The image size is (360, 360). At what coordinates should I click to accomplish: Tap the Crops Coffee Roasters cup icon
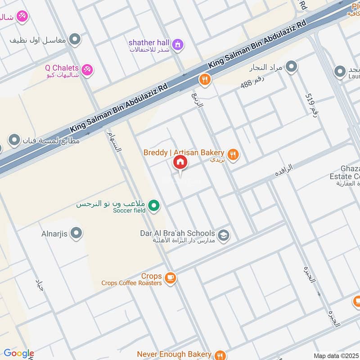click(170, 279)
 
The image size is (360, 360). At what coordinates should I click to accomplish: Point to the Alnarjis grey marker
click(77, 233)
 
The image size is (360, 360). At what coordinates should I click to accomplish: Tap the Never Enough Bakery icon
click(220, 355)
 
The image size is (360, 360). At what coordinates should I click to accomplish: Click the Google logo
click(18, 354)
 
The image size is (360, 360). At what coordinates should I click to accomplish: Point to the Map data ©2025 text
click(336, 355)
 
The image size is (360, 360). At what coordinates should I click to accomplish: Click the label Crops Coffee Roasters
click(131, 283)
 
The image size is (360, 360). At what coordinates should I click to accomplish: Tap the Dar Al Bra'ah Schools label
click(177, 233)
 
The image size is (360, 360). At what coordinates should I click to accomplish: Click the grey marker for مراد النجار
click(292, 67)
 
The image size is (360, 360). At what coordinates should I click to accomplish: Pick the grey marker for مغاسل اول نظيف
click(75, 39)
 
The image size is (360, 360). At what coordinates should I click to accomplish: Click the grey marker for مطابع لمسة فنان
click(15, 140)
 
